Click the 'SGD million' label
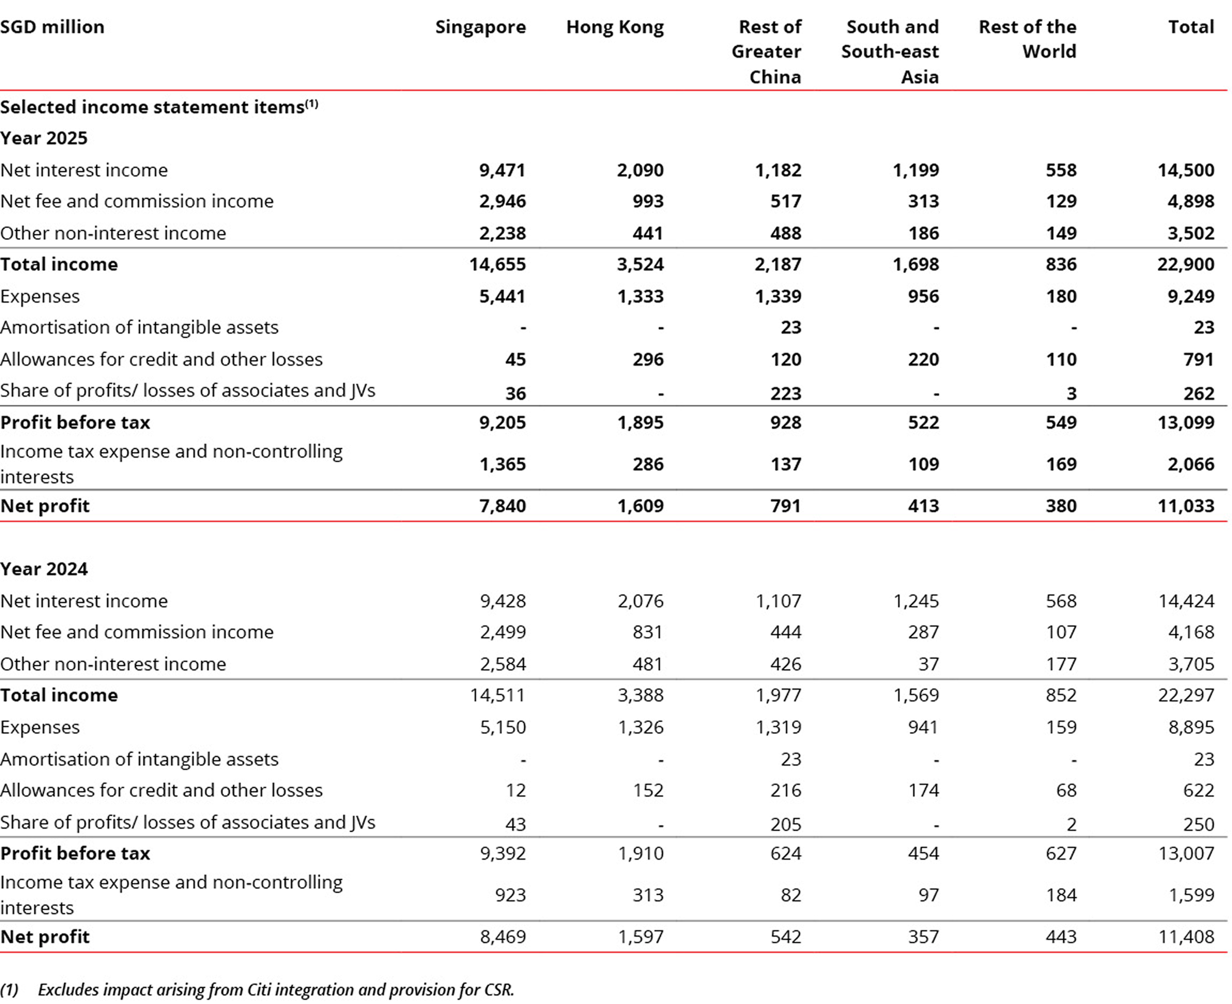tap(52, 27)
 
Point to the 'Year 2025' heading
tap(44, 138)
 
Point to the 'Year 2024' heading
tap(44, 569)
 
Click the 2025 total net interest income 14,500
tap(1186, 170)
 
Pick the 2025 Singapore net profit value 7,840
tap(502, 506)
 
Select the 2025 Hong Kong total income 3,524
tap(640, 264)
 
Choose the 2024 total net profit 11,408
tap(1186, 937)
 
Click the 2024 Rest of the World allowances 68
tap(1066, 791)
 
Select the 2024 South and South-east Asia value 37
tap(928, 664)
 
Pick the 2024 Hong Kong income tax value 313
tap(648, 895)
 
